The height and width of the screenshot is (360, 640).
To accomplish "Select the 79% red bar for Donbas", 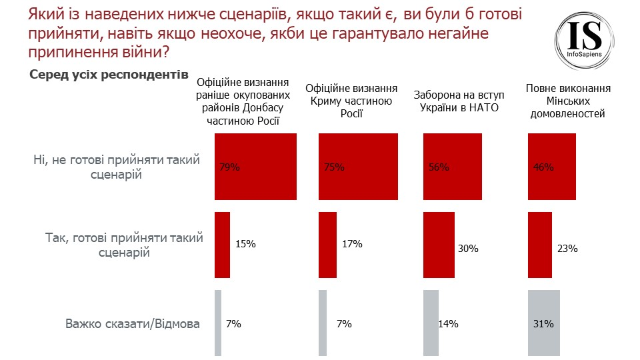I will pyautogui.click(x=255, y=167).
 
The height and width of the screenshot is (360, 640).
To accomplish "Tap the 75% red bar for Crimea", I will pyautogui.click(x=358, y=167).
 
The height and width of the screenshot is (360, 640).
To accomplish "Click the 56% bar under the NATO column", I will pyautogui.click(x=452, y=167).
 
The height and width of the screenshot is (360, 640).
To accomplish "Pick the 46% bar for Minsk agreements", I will pyautogui.click(x=552, y=167).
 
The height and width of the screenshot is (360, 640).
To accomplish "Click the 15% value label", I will pyautogui.click(x=246, y=245).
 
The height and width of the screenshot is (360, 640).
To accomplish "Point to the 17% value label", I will pyautogui.click(x=351, y=245).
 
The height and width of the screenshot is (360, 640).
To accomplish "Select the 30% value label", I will pyautogui.click(x=469, y=249).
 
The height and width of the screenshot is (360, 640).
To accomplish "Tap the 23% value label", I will pyautogui.click(x=567, y=249).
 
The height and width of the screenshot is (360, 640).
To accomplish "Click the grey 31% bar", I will pyautogui.click(x=543, y=323).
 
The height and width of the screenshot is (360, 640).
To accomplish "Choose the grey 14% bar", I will pyautogui.click(x=431, y=323).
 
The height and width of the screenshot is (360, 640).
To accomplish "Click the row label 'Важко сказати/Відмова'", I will pyautogui.click(x=133, y=325).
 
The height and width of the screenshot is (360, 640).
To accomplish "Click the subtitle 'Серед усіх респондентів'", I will pyautogui.click(x=109, y=75).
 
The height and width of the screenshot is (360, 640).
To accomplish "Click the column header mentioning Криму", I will pyautogui.click(x=351, y=101).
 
